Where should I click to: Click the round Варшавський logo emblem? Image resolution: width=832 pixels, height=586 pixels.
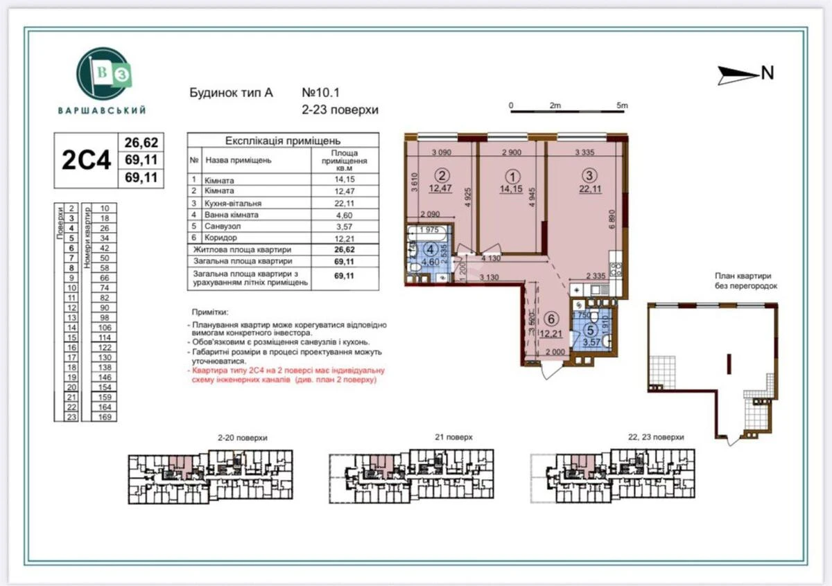[103, 73]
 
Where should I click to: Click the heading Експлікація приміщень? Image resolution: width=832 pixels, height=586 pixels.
[284, 140]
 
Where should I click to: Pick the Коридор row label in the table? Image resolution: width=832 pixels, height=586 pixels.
[221, 238]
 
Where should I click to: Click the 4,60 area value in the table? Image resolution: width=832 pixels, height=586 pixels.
[344, 214]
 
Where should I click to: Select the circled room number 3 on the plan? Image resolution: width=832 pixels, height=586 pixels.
[589, 175]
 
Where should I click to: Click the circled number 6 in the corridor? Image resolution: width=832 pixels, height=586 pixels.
[551, 319]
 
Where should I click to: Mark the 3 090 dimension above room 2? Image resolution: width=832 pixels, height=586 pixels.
[441, 152]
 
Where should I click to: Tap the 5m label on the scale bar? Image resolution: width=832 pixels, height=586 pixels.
[621, 105]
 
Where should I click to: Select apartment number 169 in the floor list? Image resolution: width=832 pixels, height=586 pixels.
[105, 417]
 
